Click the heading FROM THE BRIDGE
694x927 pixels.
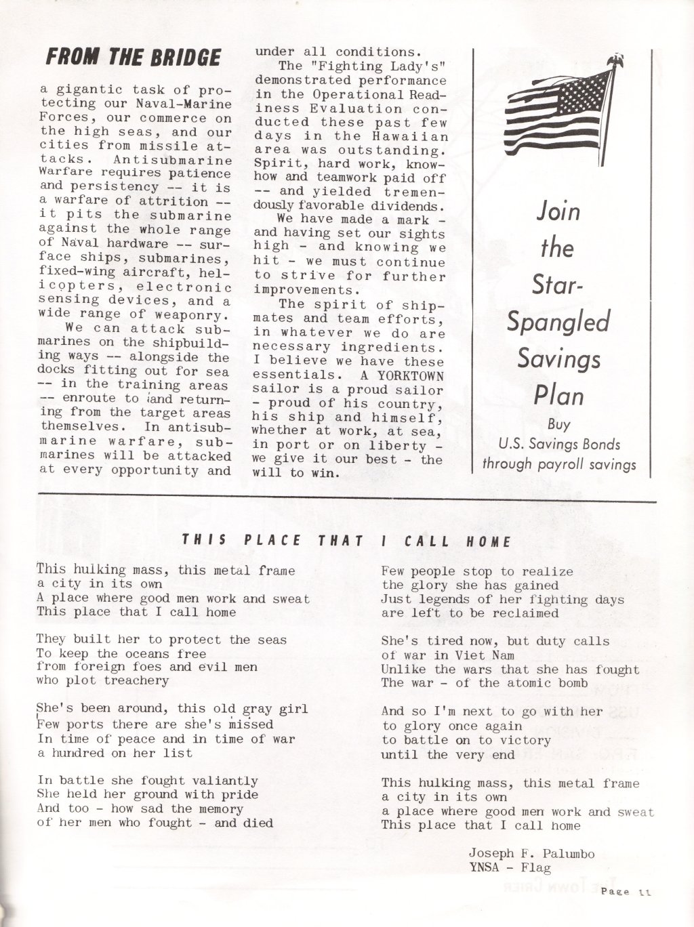click(x=133, y=57)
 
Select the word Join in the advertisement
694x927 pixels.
click(x=558, y=211)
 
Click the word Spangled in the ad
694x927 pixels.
click(x=558, y=321)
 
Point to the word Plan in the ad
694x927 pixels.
click(x=558, y=395)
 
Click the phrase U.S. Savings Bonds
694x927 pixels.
click(x=558, y=445)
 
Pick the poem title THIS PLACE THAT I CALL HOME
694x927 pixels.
click(x=346, y=541)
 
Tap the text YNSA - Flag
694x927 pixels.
click(x=509, y=866)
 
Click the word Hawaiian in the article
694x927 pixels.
click(x=417, y=137)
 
